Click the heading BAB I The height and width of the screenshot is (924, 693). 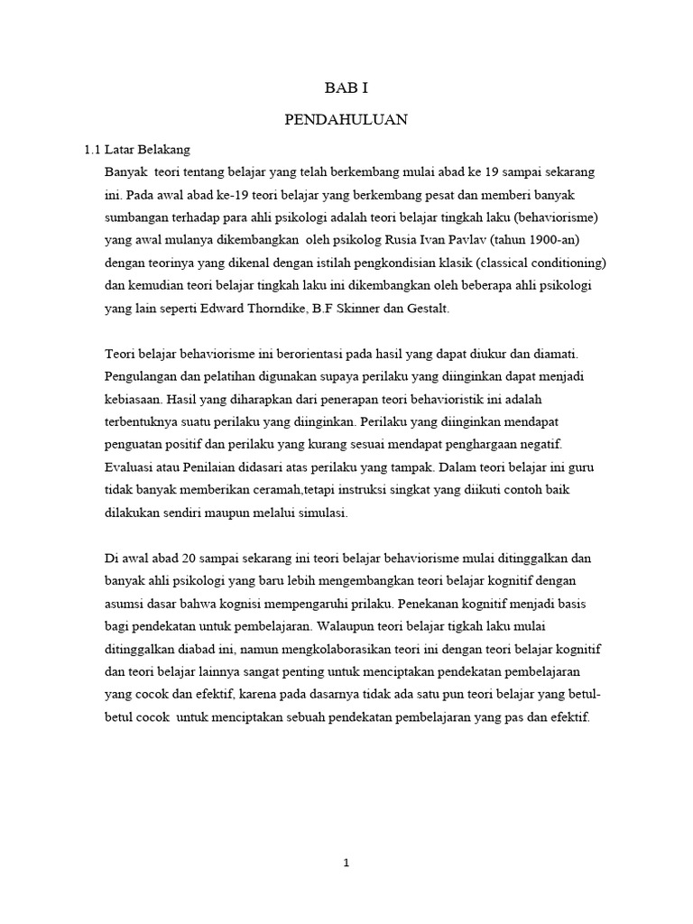coord(346,88)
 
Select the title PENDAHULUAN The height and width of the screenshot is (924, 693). coord(346,119)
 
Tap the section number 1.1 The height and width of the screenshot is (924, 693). coord(91,149)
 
